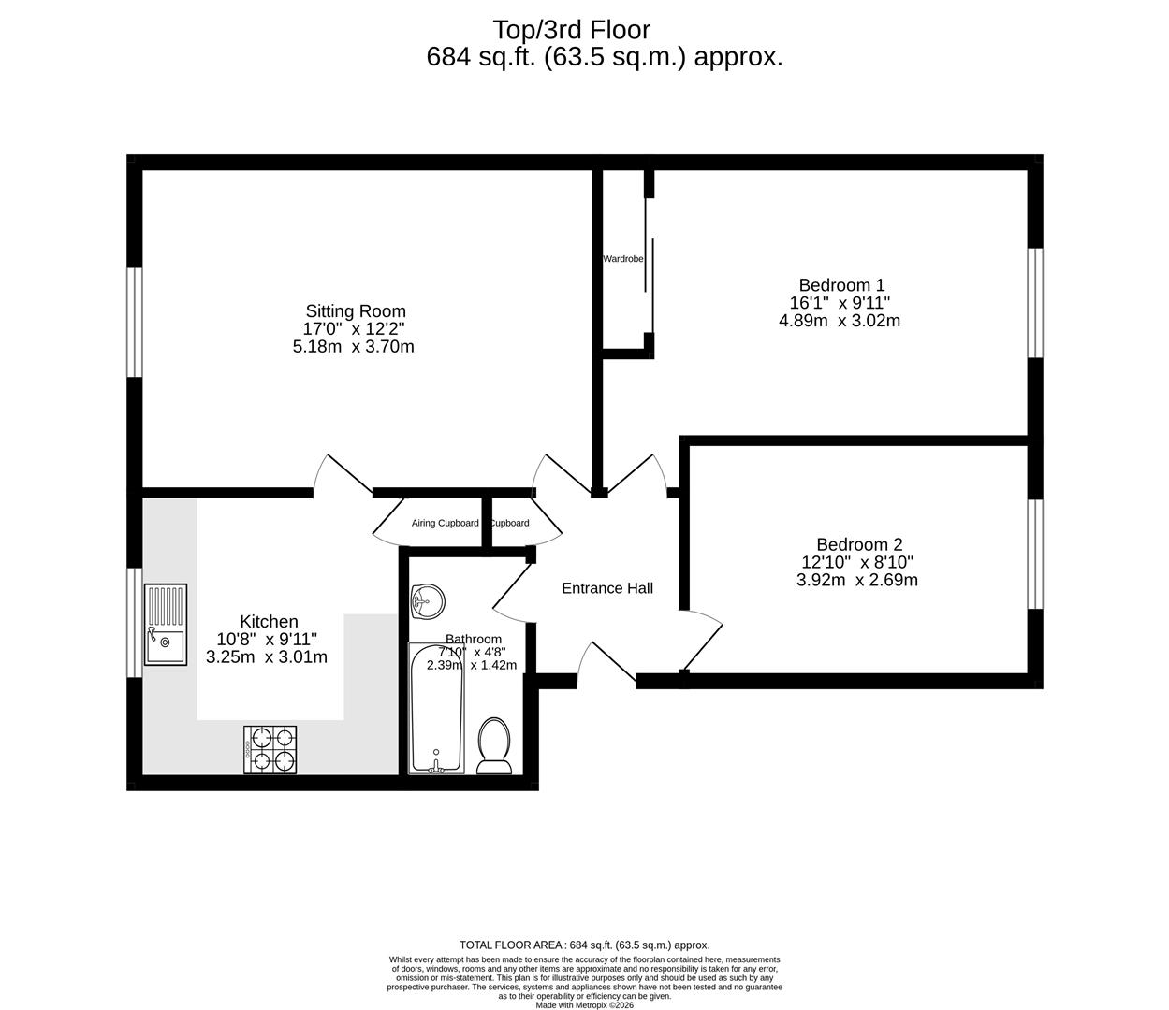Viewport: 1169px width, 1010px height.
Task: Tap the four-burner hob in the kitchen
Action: [x=270, y=749]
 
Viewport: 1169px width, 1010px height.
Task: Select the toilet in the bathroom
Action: [x=493, y=746]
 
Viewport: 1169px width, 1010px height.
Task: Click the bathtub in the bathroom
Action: [x=436, y=708]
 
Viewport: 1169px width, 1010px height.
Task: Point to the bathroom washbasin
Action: [x=428, y=600]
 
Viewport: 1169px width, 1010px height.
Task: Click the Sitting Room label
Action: [x=356, y=311]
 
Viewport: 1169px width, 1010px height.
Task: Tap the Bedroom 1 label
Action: [x=840, y=285]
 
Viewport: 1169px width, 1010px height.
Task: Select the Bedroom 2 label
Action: [x=858, y=544]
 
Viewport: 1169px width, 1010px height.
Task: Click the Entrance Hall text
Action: [x=606, y=588]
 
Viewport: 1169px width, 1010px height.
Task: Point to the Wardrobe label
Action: [x=622, y=259]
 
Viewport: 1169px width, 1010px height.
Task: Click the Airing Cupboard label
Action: [x=445, y=523]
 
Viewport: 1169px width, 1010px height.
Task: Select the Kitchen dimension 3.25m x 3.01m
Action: [x=267, y=656]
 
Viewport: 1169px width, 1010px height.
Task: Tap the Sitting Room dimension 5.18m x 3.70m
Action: [x=354, y=346]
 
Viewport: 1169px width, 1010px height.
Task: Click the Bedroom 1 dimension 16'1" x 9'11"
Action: [x=840, y=303]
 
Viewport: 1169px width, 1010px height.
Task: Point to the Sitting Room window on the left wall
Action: [x=135, y=323]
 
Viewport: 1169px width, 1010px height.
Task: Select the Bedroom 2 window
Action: [x=1034, y=554]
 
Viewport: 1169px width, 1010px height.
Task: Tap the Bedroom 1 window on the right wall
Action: [x=1034, y=302]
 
